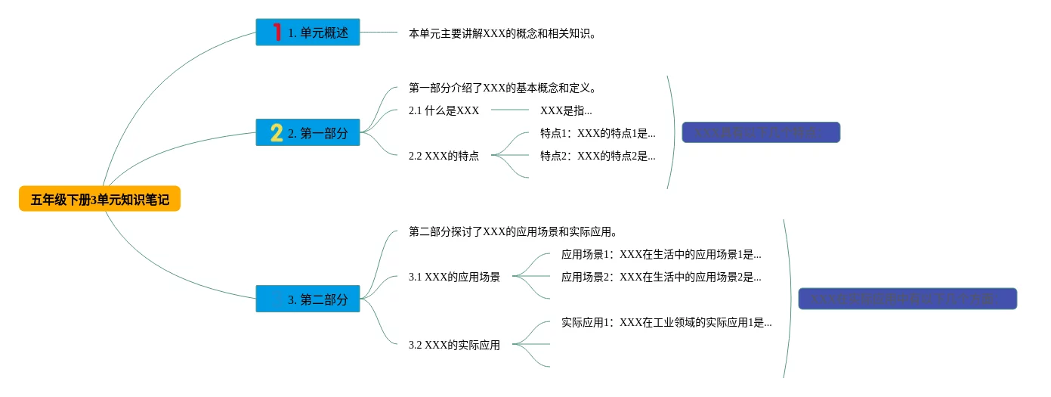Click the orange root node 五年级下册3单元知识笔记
[x=100, y=200]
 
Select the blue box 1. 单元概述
[x=308, y=33]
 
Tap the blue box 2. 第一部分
[x=308, y=133]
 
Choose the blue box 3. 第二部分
[x=308, y=299]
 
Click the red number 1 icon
[x=277, y=32]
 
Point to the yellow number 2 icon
[x=277, y=133]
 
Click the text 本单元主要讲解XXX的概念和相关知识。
[x=502, y=33]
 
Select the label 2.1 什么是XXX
[x=444, y=110]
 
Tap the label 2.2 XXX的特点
[x=444, y=156]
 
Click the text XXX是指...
[x=566, y=110]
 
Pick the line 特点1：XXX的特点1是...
[x=598, y=133]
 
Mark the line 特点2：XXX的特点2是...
[x=598, y=156]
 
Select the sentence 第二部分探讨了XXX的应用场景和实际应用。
[x=513, y=231]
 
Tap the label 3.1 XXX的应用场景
[x=454, y=277]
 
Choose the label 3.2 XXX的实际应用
[x=454, y=345]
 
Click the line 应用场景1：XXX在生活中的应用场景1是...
[x=661, y=254]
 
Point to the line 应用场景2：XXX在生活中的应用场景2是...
[x=661, y=277]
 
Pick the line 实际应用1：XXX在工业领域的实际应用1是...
[x=666, y=322]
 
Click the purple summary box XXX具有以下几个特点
[x=761, y=133]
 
